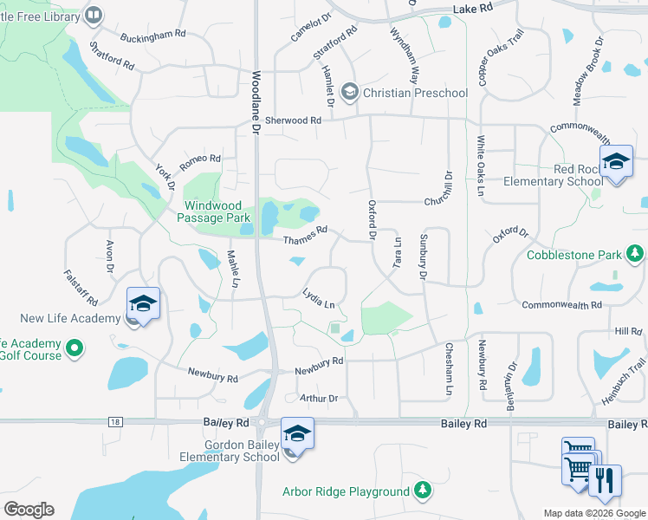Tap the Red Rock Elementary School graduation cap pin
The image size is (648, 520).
(616, 162)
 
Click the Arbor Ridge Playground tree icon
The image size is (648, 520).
(422, 491)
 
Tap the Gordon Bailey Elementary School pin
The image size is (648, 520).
(296, 434)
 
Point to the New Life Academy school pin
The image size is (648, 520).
(143, 304)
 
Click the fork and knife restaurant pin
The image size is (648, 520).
(605, 481)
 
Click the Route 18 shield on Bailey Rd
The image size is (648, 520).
(114, 421)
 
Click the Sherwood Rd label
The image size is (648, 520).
(293, 120)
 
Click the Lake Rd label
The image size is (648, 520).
(472, 7)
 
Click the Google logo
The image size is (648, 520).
(29, 510)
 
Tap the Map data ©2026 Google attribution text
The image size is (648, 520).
(593, 513)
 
